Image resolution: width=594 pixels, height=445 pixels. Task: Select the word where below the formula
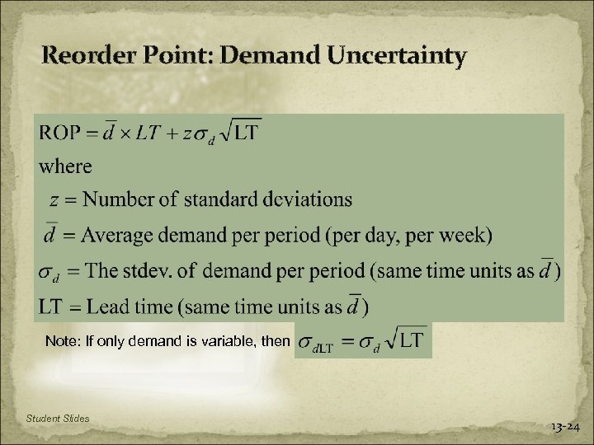tap(66, 166)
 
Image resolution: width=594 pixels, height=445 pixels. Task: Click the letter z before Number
tap(54, 200)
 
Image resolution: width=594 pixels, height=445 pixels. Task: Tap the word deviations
tap(304, 199)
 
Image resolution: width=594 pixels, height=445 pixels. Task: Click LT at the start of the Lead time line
tap(50, 307)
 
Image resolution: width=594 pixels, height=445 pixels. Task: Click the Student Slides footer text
tap(58, 420)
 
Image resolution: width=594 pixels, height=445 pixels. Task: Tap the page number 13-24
tap(565, 427)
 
